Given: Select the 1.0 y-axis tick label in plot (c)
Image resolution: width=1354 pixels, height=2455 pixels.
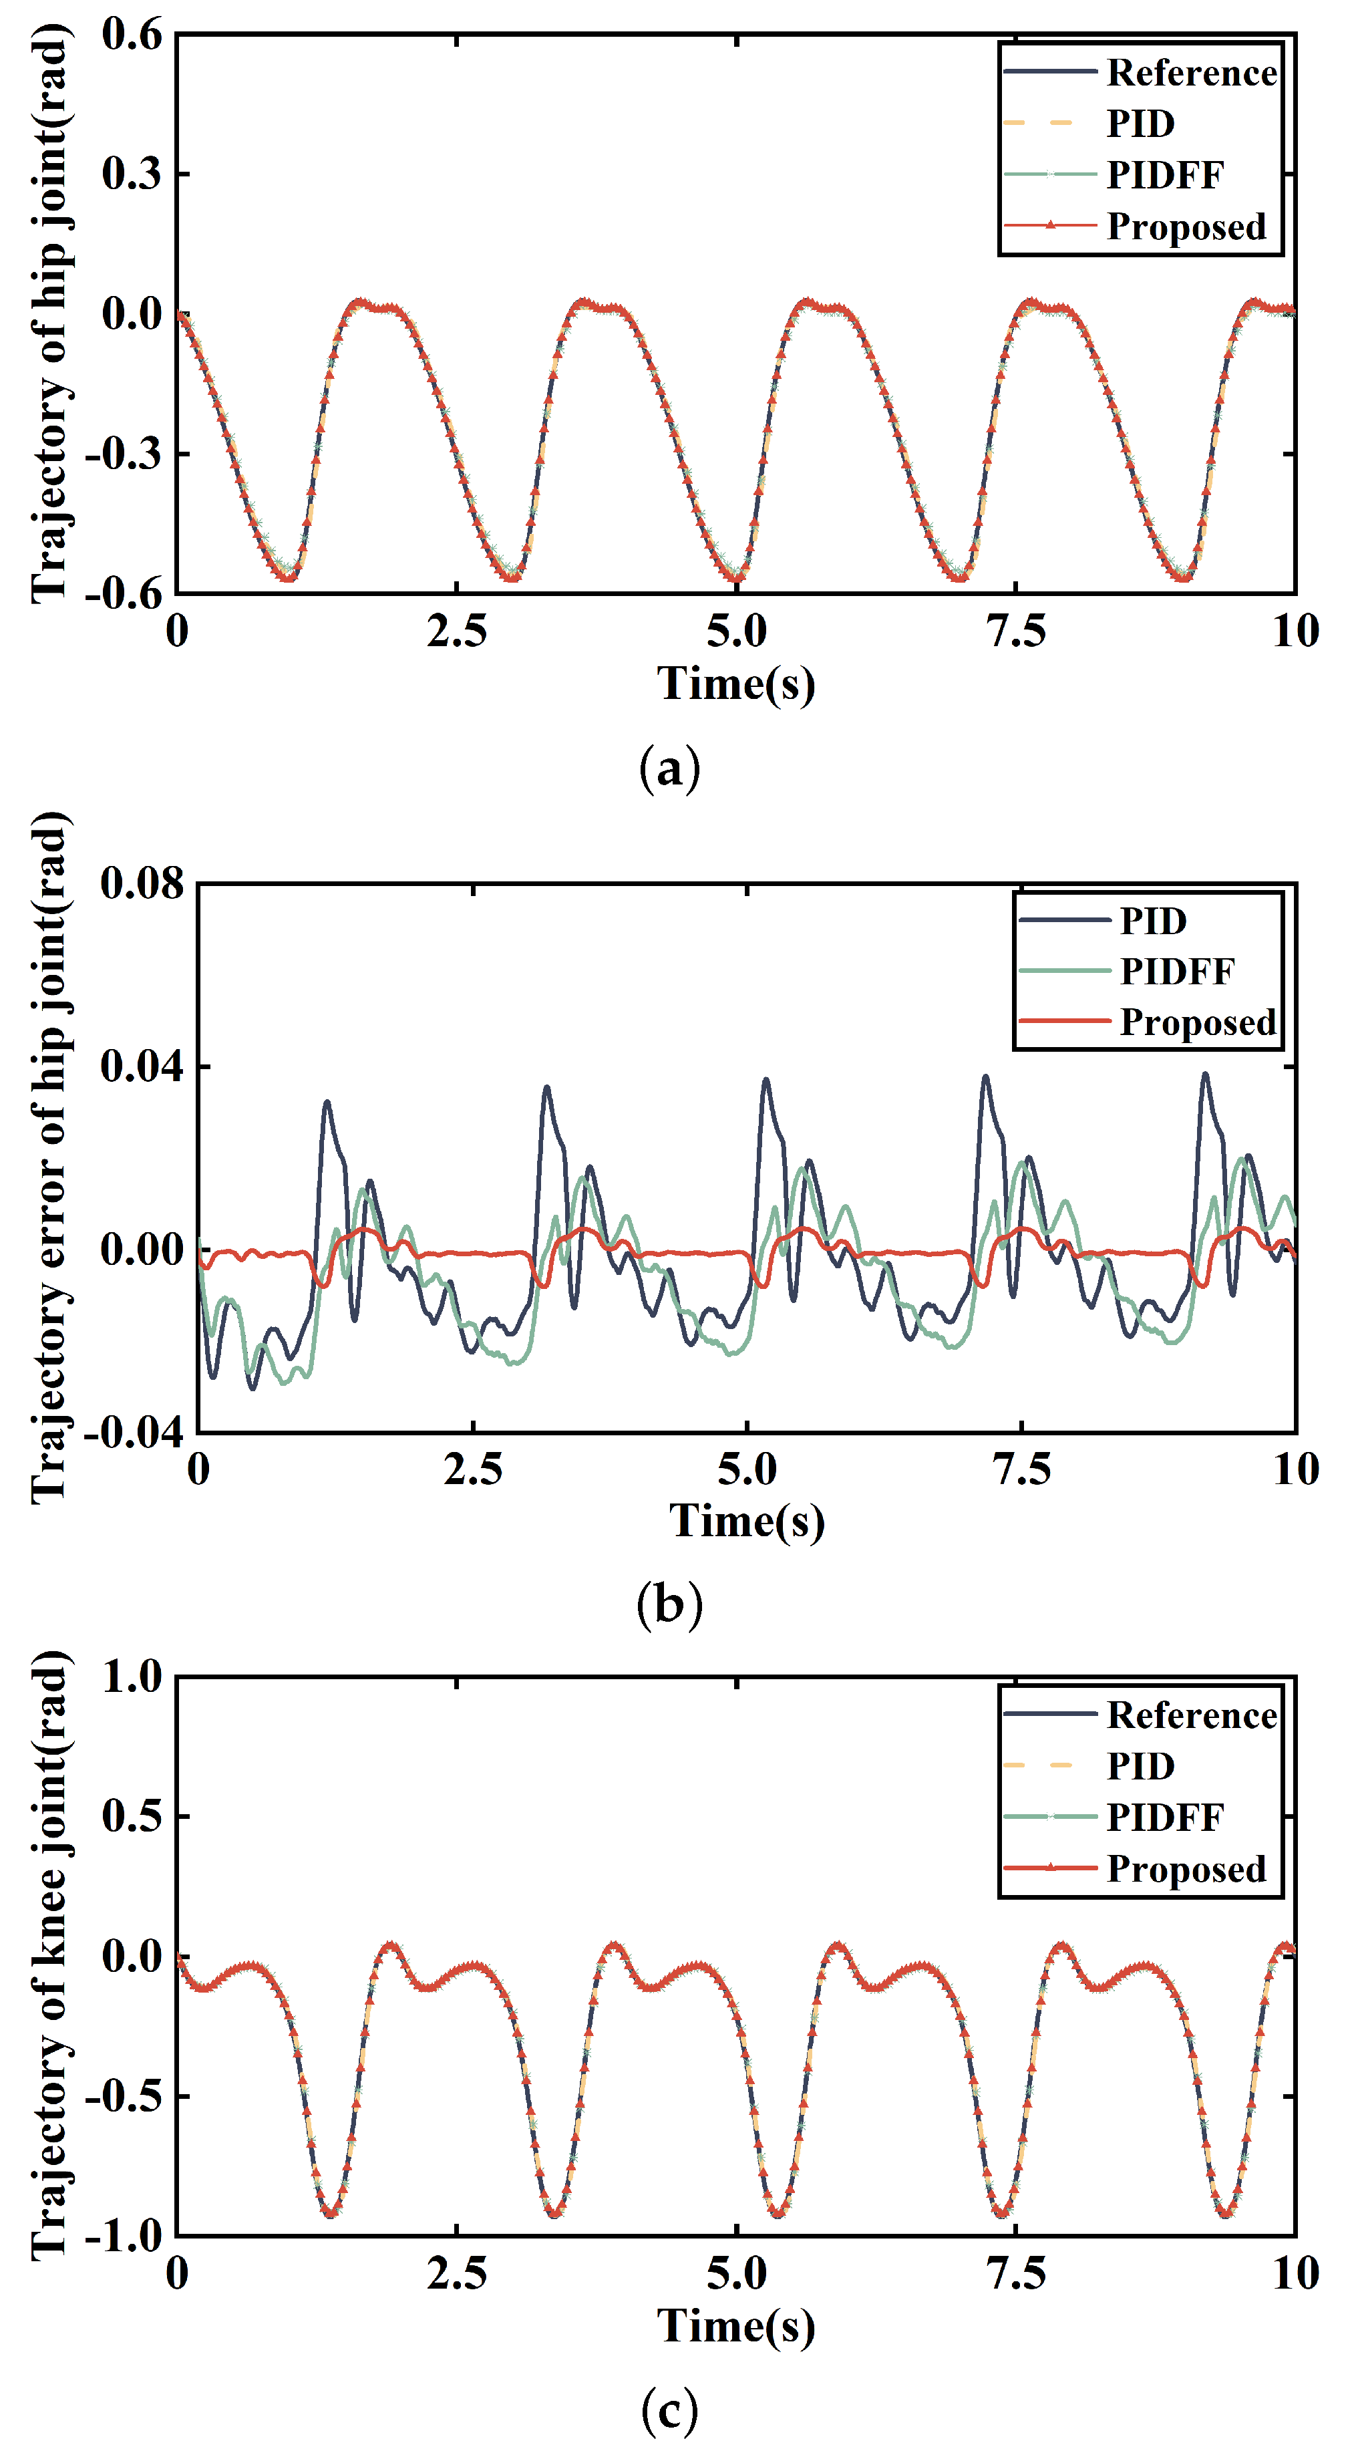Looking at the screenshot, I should (x=132, y=1677).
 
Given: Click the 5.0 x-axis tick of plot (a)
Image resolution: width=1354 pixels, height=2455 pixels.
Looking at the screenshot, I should (x=737, y=631).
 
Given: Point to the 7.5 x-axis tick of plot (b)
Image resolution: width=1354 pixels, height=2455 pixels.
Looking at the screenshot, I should (x=1021, y=1469).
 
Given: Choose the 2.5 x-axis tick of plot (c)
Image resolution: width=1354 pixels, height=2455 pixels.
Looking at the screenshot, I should (x=456, y=2273).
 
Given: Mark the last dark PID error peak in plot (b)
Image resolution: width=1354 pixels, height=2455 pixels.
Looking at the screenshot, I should (x=1205, y=1074).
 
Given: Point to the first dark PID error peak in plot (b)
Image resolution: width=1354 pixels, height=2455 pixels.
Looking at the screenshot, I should (x=327, y=1102).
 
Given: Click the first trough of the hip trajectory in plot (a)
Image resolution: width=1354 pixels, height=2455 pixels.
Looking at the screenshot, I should (x=289, y=577).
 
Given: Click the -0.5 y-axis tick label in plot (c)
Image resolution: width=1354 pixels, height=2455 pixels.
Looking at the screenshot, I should (x=124, y=2096).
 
